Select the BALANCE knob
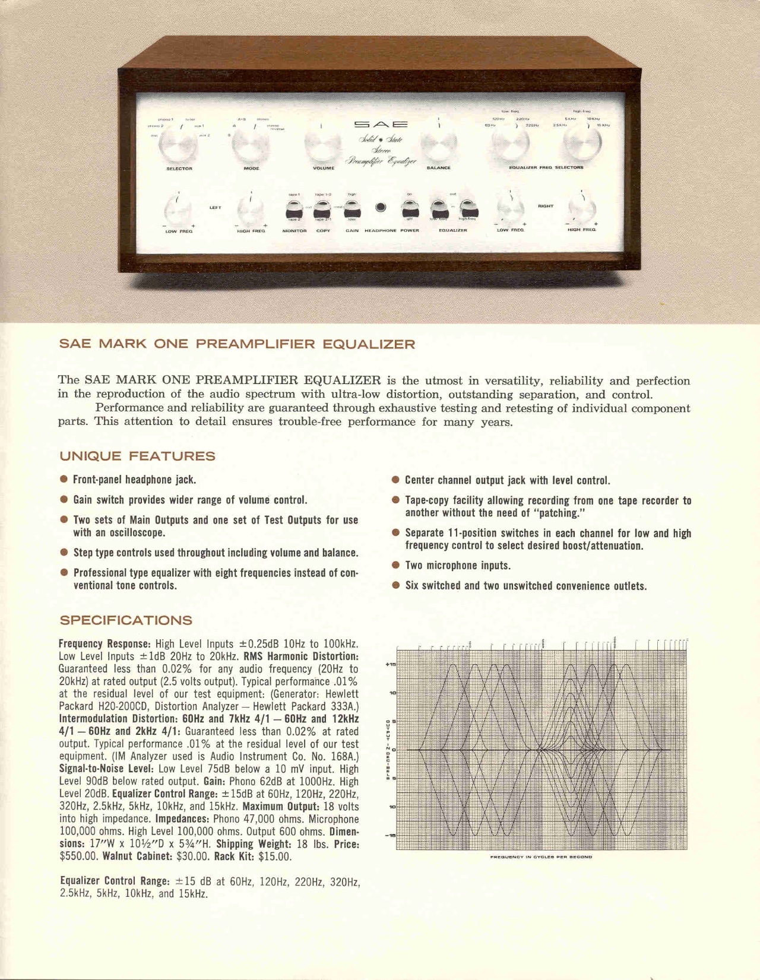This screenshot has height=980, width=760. (439, 144)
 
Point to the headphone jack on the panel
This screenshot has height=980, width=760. (381, 207)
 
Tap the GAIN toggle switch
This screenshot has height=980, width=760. (352, 209)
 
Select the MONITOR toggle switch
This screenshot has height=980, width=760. (294, 209)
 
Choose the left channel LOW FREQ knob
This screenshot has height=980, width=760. (178, 209)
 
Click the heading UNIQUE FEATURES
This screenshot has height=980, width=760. (137, 456)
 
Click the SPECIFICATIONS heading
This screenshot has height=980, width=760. (126, 620)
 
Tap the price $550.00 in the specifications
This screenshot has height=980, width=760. (79, 857)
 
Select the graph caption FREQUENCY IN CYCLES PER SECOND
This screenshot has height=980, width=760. (541, 857)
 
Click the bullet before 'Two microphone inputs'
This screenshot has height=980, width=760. (395, 565)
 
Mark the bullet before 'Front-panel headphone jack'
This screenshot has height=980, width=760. (64, 479)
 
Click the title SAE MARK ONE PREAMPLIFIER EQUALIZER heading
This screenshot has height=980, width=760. (237, 344)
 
